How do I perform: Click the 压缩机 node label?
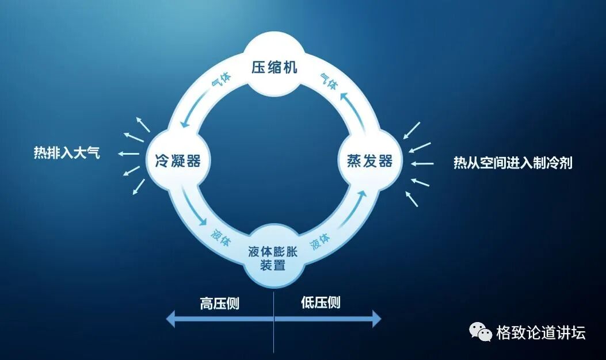(x=274, y=67)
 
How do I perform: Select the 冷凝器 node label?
(x=178, y=160)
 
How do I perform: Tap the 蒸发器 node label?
(x=369, y=160)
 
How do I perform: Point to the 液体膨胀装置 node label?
(x=274, y=258)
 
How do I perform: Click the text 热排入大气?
(x=67, y=154)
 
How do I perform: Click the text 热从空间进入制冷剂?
(x=513, y=163)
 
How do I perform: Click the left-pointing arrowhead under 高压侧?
(x=171, y=319)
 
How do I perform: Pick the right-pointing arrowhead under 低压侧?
(x=376, y=319)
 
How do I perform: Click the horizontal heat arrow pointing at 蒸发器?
(x=422, y=163)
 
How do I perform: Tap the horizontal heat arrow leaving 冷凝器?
(x=128, y=154)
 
